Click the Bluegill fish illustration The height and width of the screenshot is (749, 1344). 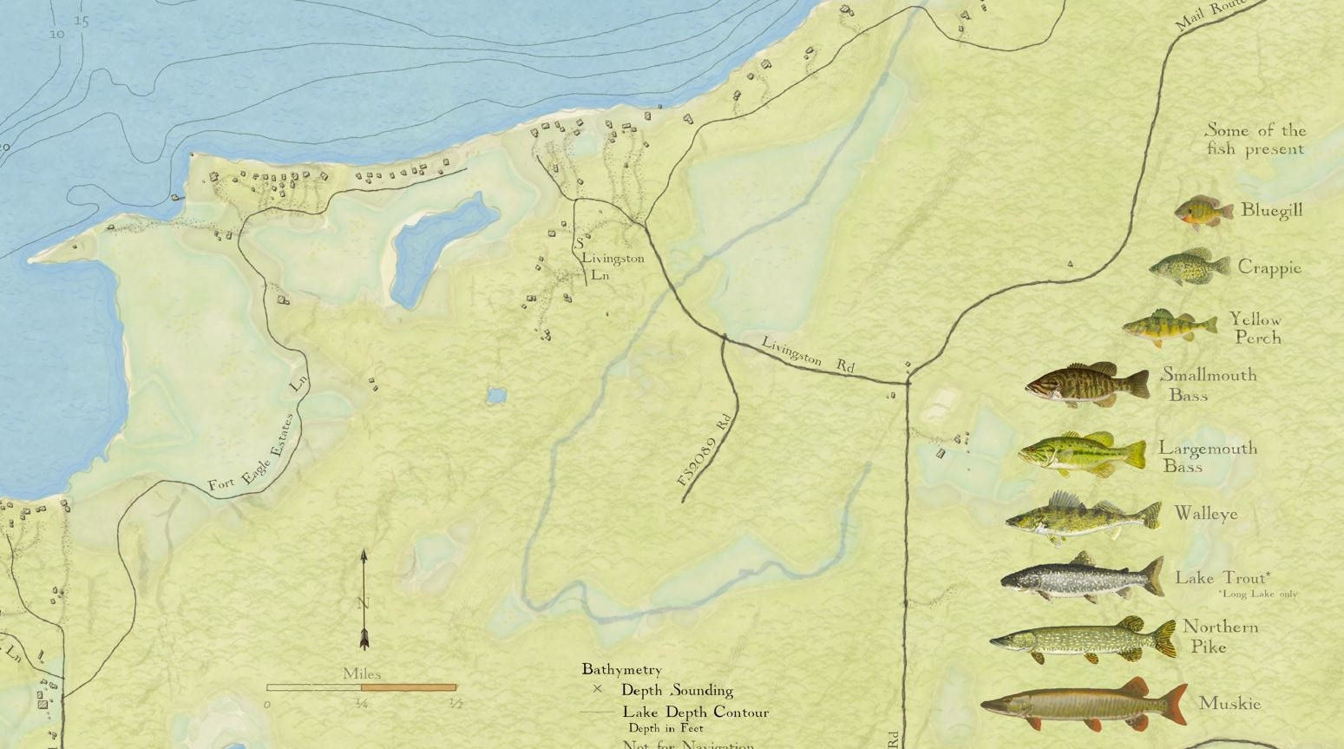click(x=1203, y=211)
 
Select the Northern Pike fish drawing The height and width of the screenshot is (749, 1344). click(x=1082, y=641)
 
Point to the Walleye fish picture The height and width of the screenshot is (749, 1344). click(x=1082, y=518)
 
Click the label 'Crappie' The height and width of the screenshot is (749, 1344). click(x=1269, y=267)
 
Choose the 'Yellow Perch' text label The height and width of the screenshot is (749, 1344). click(x=1255, y=328)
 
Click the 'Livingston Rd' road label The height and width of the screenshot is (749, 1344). click(x=808, y=354)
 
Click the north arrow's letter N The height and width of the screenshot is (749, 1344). click(x=364, y=602)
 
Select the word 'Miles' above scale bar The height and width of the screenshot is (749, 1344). click(x=361, y=673)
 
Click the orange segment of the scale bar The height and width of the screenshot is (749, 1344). click(x=408, y=687)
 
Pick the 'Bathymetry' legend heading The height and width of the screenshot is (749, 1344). click(x=621, y=669)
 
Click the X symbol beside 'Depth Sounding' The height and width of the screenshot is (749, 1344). click(x=597, y=690)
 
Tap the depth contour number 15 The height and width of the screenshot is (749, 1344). click(x=82, y=21)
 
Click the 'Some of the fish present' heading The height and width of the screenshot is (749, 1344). click(x=1255, y=139)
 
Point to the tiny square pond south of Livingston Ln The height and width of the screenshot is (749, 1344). click(x=496, y=396)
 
